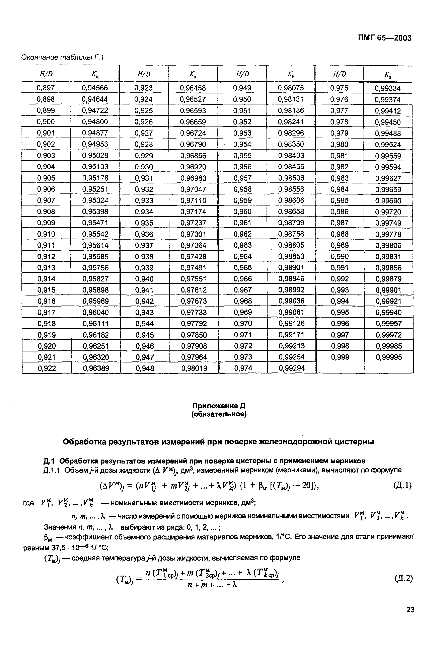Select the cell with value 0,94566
95,88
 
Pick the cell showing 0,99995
389,357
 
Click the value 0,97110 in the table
193,200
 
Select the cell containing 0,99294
292,368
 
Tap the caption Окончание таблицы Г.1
63,58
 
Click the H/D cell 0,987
340,223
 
